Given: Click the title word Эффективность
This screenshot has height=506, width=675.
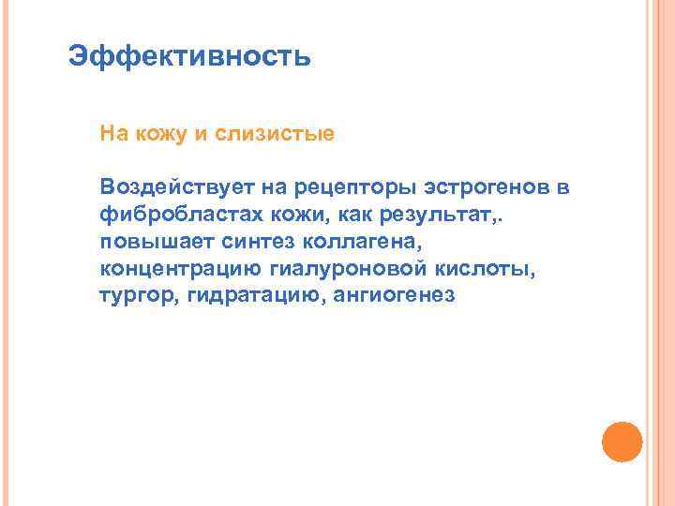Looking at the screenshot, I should [189, 57].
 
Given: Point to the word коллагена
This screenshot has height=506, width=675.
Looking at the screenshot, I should [352, 242].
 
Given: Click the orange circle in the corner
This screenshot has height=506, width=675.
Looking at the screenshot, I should [622, 440].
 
